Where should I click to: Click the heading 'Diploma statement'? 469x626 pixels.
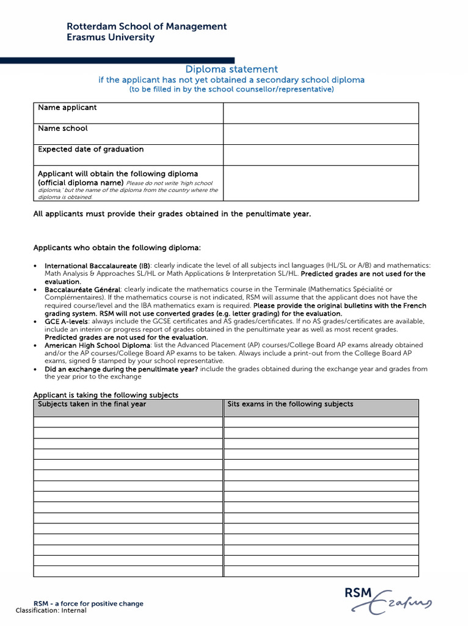[x=231, y=70]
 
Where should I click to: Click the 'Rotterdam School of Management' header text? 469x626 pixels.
[x=146, y=26]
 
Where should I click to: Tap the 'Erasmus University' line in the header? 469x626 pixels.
[x=110, y=37]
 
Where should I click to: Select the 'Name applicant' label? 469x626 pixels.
[x=67, y=108]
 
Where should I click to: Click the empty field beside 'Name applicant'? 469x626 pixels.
[x=321, y=113]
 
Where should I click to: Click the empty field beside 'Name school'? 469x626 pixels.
[x=321, y=134]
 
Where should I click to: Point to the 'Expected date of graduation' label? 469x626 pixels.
[x=91, y=149]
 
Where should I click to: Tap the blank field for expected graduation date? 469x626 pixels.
[x=321, y=155]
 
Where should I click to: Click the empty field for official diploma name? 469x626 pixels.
[x=321, y=183]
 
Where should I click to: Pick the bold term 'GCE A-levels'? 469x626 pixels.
[x=67, y=321]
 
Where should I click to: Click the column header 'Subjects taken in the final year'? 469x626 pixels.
[x=92, y=404]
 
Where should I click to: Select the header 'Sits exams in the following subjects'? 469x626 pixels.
[x=290, y=404]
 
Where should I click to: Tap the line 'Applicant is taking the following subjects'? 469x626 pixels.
[x=106, y=395]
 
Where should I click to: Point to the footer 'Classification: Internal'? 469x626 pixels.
[x=51, y=610]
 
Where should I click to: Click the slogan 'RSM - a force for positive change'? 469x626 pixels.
[x=89, y=603]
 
